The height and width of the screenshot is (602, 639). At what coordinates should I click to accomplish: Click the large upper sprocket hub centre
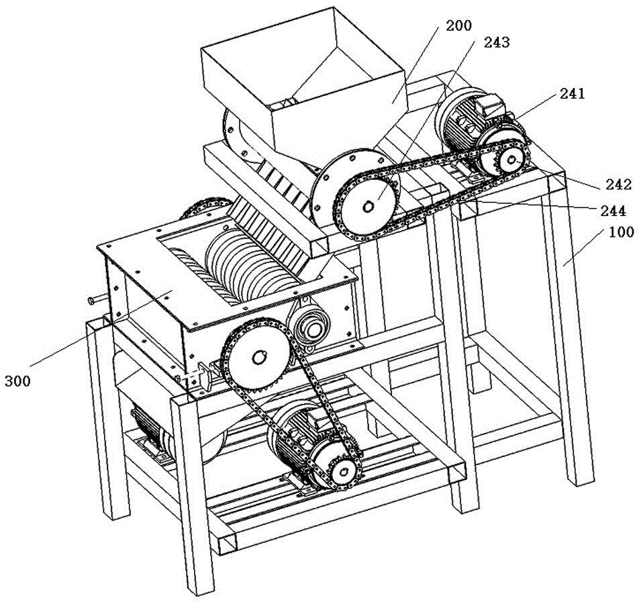[x=366, y=206]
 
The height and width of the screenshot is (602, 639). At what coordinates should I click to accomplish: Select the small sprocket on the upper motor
[x=509, y=158]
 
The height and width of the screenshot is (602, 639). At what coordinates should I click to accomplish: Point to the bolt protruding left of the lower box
[x=95, y=300]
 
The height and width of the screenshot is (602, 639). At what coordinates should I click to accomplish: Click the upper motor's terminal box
[x=491, y=101]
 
